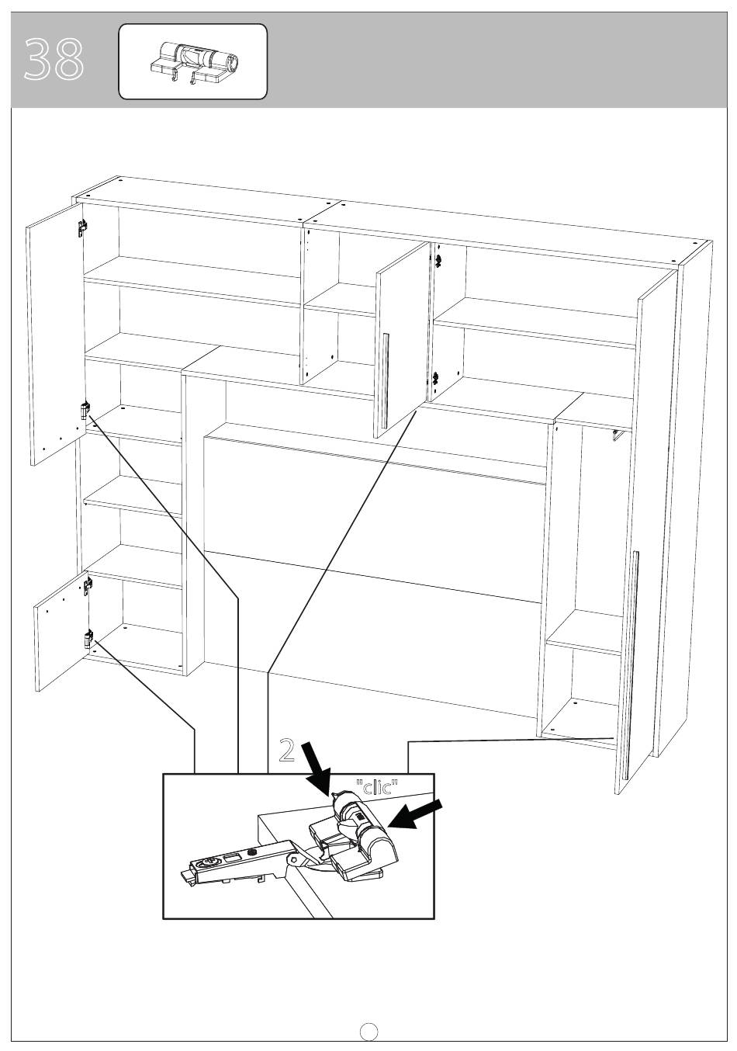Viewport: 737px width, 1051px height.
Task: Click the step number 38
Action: click(x=54, y=59)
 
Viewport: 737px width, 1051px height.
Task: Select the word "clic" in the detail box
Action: click(x=377, y=786)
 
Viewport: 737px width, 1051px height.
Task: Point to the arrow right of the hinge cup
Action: click(x=414, y=814)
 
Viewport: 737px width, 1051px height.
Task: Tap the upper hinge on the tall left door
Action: click(x=82, y=227)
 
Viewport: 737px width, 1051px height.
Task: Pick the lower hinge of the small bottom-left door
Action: click(x=88, y=639)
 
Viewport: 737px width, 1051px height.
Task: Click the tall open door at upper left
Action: click(x=55, y=334)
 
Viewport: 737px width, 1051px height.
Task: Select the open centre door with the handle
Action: click(x=403, y=340)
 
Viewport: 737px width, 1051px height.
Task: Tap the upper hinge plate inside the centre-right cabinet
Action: click(x=439, y=259)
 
